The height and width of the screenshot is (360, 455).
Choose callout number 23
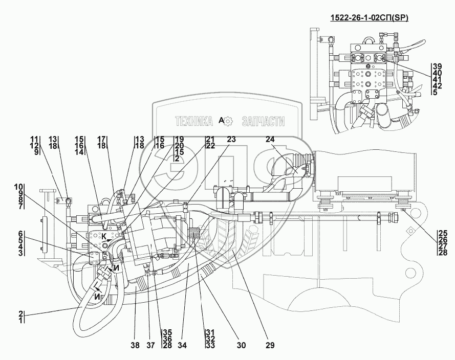pyautogui.click(x=232, y=139)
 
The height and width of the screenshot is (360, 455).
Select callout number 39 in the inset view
pyautogui.click(x=437, y=66)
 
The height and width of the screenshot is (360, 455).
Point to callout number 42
pyautogui.click(x=437, y=86)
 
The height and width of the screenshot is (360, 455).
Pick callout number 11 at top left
pyautogui.click(x=34, y=139)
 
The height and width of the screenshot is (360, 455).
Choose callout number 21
pyautogui.click(x=210, y=139)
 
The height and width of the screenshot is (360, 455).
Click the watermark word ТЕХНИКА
pyautogui.click(x=194, y=121)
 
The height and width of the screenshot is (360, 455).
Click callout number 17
pyautogui.click(x=101, y=139)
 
